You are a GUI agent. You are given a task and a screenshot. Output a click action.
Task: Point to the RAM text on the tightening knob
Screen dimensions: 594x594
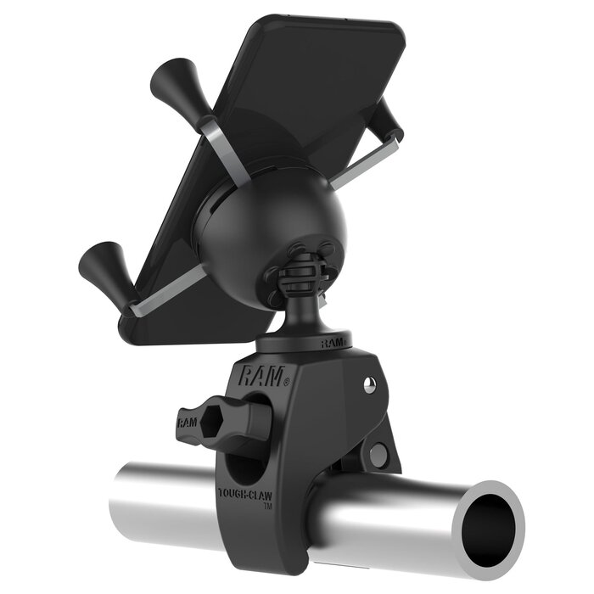click(x=188, y=420)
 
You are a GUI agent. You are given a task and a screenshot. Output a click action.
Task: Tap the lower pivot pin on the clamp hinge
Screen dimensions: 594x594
click(x=378, y=453)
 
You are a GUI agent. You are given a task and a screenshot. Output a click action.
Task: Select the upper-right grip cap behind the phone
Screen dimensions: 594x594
click(x=391, y=118)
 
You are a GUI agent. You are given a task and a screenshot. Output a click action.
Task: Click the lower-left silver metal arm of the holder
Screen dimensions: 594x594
click(x=165, y=293)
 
